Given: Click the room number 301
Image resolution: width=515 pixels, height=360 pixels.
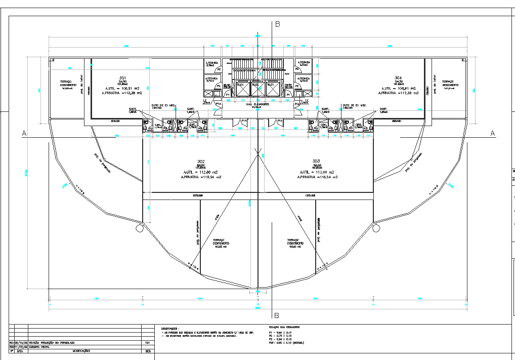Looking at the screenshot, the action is click(122, 77).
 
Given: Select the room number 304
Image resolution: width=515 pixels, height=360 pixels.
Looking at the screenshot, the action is click(399, 77).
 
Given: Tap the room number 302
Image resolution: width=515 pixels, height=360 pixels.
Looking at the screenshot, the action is click(201, 162).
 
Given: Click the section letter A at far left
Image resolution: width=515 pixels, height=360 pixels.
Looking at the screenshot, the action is click(23, 133).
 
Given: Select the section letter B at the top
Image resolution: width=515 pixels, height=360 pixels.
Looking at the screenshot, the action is click(277, 24).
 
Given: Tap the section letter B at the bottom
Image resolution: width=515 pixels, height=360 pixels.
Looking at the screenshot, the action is click(276, 315).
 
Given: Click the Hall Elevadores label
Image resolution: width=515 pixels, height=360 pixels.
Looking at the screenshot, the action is click(257, 105).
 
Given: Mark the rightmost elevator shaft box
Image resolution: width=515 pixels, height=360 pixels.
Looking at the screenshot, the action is click(273, 89).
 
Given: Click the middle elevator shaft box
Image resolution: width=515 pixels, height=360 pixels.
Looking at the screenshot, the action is click(258, 89).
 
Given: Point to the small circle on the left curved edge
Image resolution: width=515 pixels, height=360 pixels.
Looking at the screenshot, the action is click(139, 228).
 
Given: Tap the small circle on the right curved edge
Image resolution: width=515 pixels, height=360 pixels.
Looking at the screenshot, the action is click(376, 228).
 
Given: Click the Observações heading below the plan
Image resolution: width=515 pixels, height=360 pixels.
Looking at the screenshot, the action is click(170, 329).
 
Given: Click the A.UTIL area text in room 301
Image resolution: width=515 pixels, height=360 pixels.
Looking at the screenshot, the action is click(122, 88).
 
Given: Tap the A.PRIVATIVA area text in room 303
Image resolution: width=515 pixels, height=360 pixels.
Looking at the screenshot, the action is click(317, 177).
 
